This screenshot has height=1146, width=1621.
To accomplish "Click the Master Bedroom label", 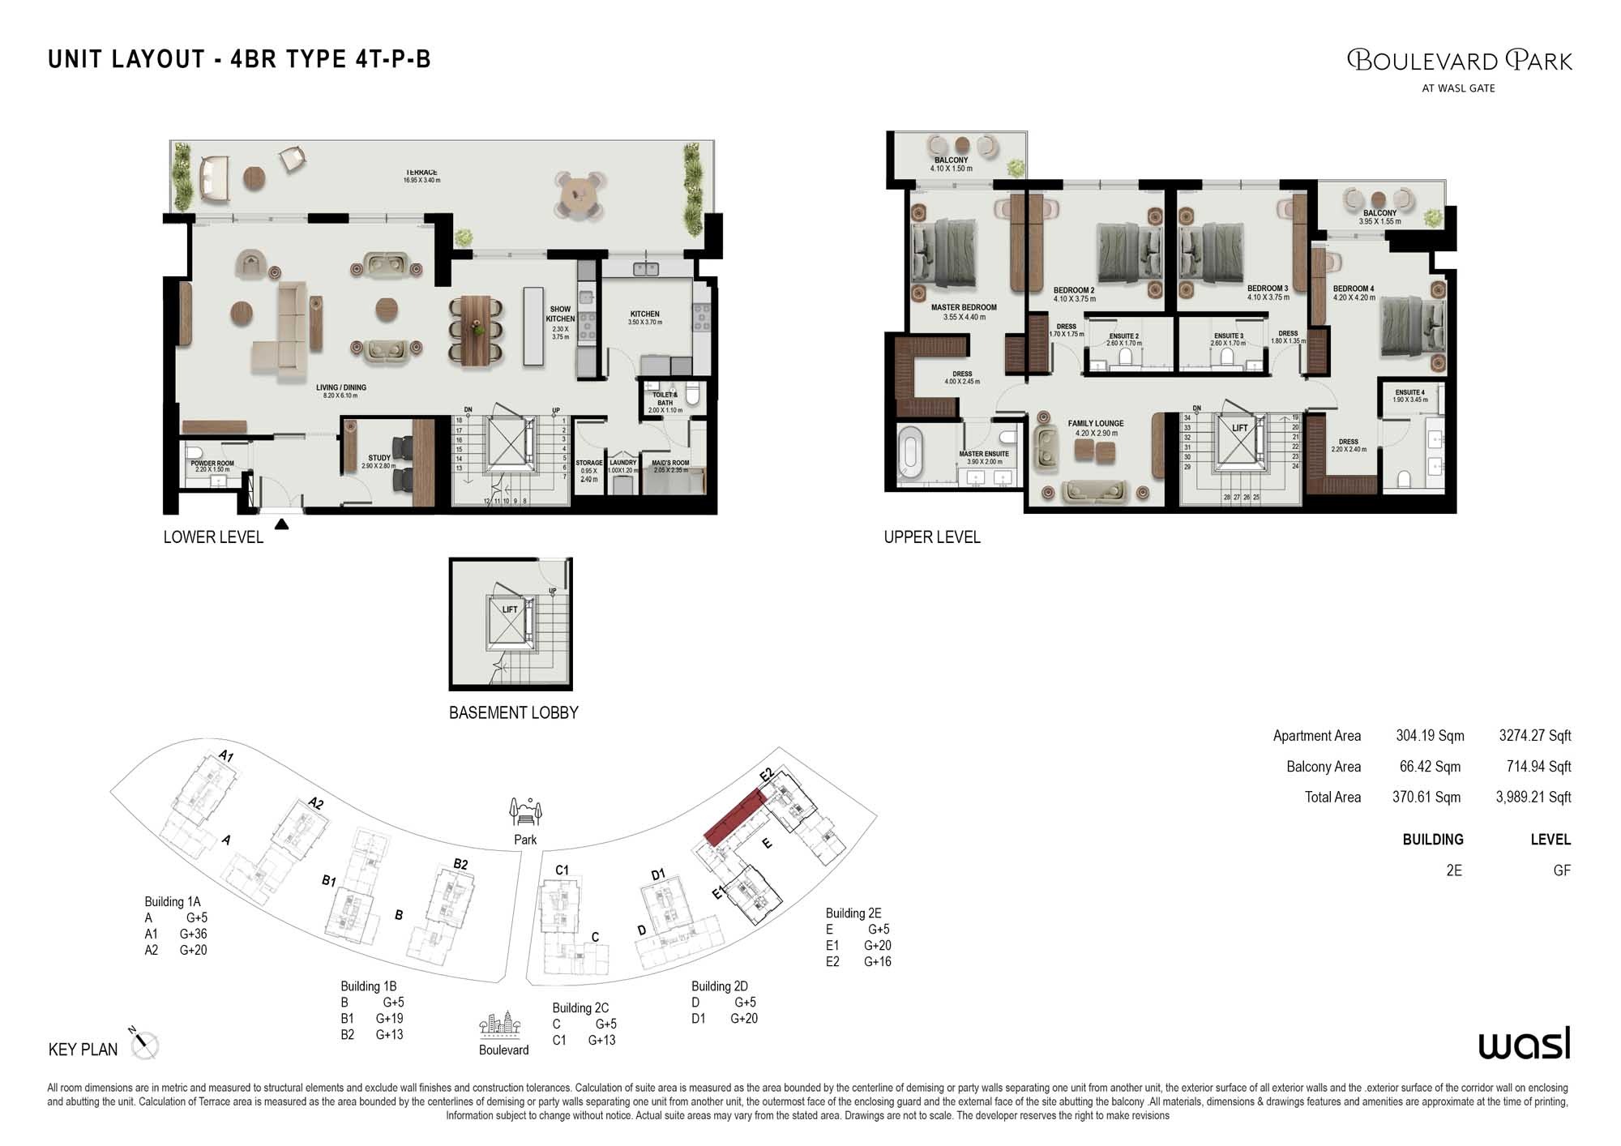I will click(964, 308).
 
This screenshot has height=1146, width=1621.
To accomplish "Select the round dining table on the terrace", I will click(579, 195).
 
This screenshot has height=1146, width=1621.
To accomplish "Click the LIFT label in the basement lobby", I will click(510, 609).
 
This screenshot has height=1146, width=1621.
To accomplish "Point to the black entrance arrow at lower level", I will click(281, 524).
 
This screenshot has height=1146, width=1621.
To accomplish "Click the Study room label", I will click(379, 458).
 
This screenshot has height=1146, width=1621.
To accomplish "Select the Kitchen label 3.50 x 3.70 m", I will click(645, 314).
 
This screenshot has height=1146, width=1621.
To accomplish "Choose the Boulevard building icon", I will click(500, 1025).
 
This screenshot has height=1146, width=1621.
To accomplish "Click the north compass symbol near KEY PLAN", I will click(145, 1044).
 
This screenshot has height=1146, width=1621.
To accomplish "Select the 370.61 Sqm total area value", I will click(1426, 797).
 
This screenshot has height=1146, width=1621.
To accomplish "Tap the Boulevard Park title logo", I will click(1459, 61).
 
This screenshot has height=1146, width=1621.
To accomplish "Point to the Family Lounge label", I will click(1095, 423).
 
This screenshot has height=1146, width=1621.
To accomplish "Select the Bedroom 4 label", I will click(1354, 289).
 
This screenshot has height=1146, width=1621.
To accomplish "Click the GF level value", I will click(1561, 870).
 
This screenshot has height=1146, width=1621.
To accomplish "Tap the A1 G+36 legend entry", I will click(176, 934).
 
